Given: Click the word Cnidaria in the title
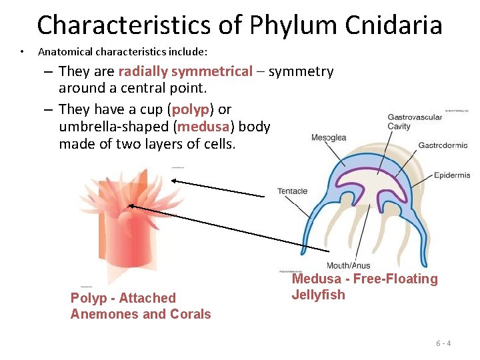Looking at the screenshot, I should tap(393, 25).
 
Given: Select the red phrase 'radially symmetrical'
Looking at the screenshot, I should tap(185, 71).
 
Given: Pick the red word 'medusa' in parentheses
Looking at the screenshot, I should tap(202, 127).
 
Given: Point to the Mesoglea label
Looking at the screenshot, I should tap(329, 138).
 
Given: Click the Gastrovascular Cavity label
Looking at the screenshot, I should tap(415, 122).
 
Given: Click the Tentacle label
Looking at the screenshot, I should tap(293, 191).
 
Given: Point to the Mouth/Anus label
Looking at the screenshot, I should tap(348, 266).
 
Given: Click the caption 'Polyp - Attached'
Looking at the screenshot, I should tap(123, 298).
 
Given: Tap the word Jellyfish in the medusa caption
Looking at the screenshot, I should tap(319, 295).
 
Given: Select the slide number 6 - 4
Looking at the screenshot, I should tap(443, 343).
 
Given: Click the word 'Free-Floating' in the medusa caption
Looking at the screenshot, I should tap(395, 279).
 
